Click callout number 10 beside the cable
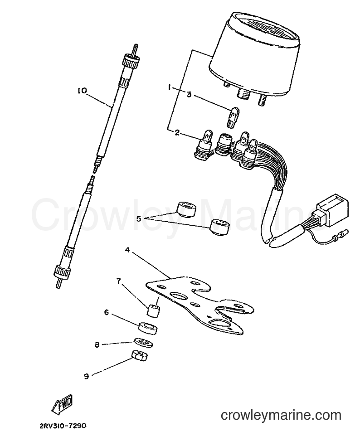(83, 91)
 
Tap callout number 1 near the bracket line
(169, 87)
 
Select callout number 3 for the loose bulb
(189, 95)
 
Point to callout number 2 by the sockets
(177, 133)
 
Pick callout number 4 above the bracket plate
(127, 250)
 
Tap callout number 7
(119, 281)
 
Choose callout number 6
(106, 313)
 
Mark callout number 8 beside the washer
(97, 345)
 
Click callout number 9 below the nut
(86, 376)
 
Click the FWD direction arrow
(62, 403)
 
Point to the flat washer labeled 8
(144, 343)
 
